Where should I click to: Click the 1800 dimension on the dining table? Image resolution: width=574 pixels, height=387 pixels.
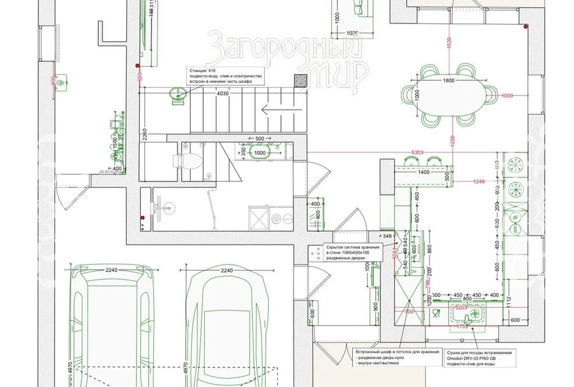(x=448, y=81)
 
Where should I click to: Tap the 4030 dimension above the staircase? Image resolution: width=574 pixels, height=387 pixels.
(x=223, y=94)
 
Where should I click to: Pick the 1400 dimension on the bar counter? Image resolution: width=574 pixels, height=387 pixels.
(x=423, y=172)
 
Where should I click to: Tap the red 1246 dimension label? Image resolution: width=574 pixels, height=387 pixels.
(x=479, y=181)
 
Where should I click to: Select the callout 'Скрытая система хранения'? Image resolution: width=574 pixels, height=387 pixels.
(x=352, y=252)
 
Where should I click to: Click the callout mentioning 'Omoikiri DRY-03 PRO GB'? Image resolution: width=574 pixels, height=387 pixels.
(x=479, y=357)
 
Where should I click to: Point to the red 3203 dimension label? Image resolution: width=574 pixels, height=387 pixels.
(x=461, y=308)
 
